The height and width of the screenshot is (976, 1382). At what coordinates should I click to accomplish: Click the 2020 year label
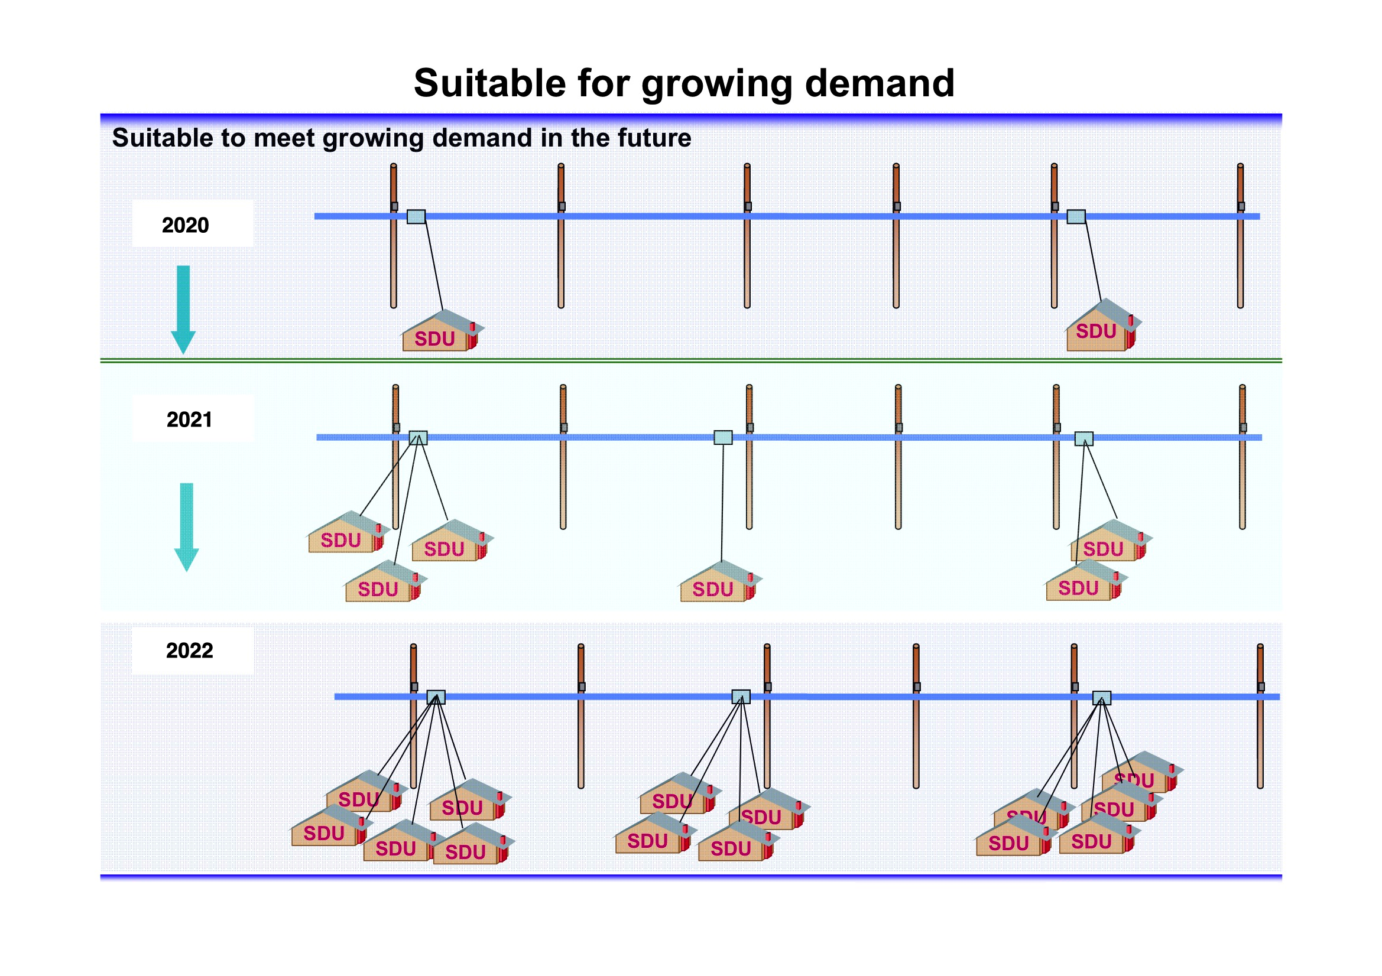pos(186,225)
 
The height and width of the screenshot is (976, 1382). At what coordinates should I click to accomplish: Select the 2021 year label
pos(189,419)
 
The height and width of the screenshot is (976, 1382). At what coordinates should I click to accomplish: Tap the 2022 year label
pos(190,650)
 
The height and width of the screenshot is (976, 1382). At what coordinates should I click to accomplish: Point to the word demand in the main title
pos(880,83)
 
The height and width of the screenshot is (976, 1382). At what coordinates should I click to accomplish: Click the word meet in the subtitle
pos(284,138)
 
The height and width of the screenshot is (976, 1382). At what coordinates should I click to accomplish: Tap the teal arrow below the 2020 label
pos(183,310)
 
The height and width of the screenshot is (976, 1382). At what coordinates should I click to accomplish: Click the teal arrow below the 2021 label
pos(187,526)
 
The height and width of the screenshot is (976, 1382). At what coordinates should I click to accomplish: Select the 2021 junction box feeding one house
pos(723,437)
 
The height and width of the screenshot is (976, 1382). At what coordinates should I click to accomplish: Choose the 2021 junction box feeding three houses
pos(419,437)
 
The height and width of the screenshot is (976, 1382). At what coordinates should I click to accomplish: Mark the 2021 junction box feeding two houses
pos(1083,438)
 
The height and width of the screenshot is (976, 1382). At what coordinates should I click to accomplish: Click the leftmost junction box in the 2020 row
pos(416,217)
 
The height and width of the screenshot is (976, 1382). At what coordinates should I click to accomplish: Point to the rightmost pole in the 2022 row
pos(1260,716)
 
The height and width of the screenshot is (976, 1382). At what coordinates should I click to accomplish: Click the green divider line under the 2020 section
pos(691,360)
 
